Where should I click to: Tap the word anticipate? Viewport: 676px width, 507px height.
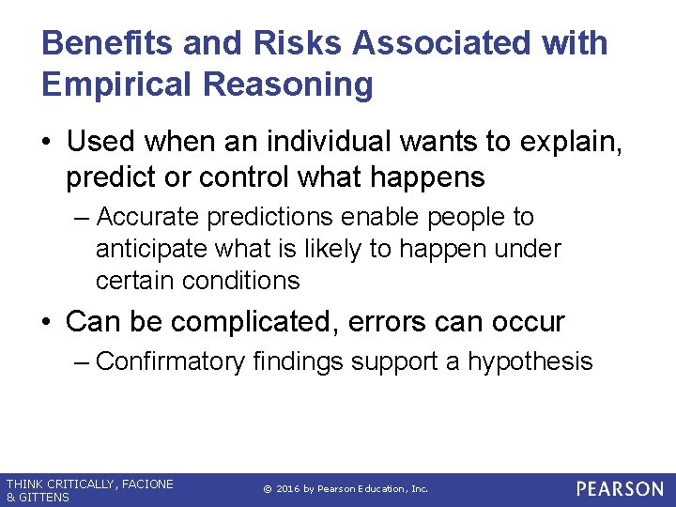152,249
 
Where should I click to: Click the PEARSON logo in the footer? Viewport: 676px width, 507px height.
619,489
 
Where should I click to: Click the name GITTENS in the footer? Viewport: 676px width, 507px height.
43,497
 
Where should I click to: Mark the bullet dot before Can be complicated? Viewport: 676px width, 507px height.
47,323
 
